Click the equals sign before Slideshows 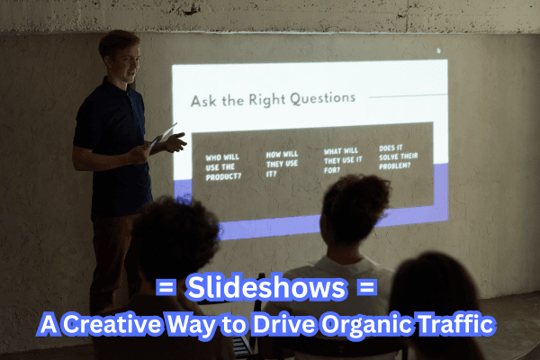point(165,289)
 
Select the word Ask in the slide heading point(202,97)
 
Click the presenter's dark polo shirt point(112,144)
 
